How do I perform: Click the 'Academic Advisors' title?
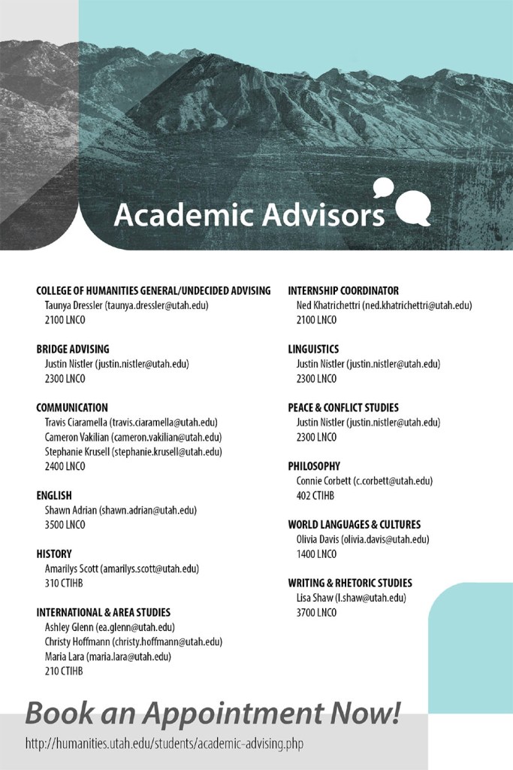tap(249, 214)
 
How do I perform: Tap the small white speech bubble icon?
tap(383, 186)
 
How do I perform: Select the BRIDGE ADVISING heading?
tap(73, 349)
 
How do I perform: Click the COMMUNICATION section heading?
tap(72, 408)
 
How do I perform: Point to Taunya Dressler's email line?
tap(126, 305)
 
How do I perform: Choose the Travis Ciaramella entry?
tap(131, 423)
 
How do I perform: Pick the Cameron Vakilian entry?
tap(134, 437)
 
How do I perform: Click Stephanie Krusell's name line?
tap(134, 452)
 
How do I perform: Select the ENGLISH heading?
tap(54, 496)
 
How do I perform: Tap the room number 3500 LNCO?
tap(65, 525)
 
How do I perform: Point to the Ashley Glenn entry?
tap(110, 627)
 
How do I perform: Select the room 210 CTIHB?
tap(64, 671)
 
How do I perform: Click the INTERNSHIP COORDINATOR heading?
tap(343, 290)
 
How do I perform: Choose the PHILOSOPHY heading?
tap(314, 466)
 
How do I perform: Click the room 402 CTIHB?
tap(315, 496)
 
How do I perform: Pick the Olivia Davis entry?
tap(363, 539)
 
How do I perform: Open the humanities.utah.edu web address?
tap(164, 744)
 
